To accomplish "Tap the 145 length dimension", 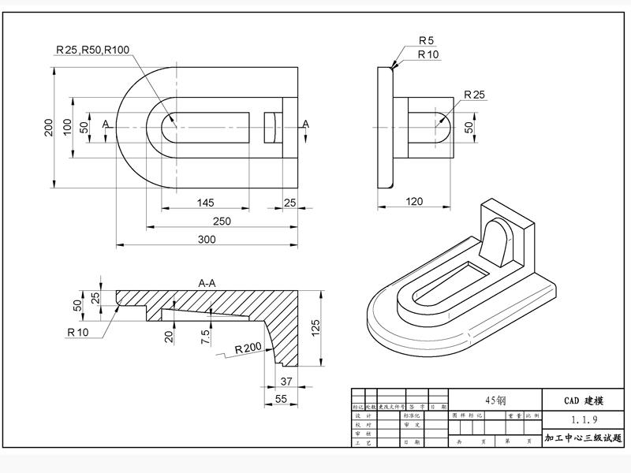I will point(205,203).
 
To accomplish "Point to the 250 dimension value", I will point(222,221).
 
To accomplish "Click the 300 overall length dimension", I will point(207,239).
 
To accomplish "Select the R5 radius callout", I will point(427,40).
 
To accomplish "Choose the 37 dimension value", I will point(286,382).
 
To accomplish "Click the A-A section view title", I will point(209,281).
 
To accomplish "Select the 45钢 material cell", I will point(495,400).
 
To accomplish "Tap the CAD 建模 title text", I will point(582,400).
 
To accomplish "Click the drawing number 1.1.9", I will point(582,419).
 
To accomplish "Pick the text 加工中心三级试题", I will point(582,438).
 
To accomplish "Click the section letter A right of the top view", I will point(306,124).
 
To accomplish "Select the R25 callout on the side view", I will point(474,95).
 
